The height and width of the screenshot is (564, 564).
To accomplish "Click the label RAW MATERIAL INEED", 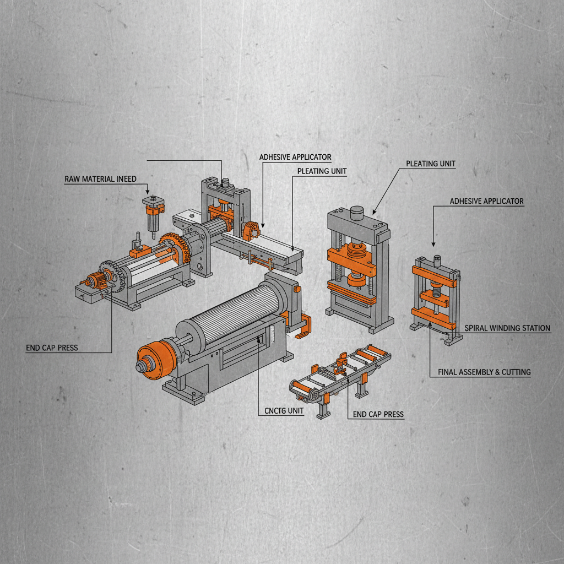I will [100, 179].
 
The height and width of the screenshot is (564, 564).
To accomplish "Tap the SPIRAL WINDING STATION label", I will [507, 328].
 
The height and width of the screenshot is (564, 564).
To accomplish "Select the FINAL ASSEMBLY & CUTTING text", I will [484, 372].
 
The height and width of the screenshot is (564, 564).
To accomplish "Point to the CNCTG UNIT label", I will [280, 411].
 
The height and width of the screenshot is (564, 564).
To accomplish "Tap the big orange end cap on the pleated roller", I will [155, 359].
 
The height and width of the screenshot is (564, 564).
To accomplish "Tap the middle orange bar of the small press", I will [436, 297].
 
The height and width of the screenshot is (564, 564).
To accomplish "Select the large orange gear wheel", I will [175, 248].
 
